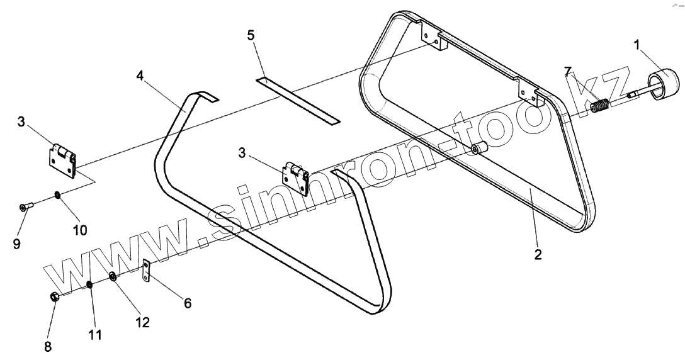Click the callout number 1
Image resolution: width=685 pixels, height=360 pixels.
(637, 45)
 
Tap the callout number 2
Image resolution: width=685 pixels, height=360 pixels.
(537, 255)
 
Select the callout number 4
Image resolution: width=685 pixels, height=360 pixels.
(140, 76)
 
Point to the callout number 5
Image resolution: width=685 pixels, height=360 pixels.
(251, 35)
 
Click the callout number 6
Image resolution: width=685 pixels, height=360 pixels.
(187, 303)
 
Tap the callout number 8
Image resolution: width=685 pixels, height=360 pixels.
(48, 346)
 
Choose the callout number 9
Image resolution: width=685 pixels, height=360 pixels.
(16, 242)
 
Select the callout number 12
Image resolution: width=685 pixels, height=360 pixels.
(143, 322)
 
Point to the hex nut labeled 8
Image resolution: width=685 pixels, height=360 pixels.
(54, 296)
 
